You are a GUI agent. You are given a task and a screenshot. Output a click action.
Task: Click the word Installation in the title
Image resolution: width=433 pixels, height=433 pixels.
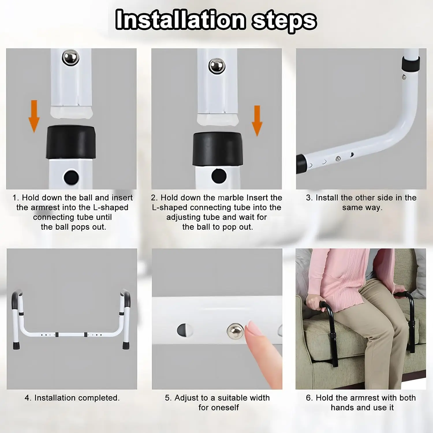[180, 20]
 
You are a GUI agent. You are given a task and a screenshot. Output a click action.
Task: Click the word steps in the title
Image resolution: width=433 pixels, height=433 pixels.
[285, 21]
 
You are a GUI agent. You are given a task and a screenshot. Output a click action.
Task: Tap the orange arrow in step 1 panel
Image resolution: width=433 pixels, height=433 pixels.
[34, 116]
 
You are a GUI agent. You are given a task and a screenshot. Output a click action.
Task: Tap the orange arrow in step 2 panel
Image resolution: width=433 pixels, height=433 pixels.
[257, 121]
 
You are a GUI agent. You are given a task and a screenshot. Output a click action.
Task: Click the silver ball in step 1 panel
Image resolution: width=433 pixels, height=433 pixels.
[71, 57]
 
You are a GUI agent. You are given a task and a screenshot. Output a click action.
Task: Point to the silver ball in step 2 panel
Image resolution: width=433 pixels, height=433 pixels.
[217, 66]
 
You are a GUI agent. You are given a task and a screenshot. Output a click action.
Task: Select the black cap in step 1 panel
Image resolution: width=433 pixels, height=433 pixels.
[71, 142]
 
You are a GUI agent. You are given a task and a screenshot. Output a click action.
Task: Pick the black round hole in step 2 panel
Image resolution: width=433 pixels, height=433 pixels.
[219, 176]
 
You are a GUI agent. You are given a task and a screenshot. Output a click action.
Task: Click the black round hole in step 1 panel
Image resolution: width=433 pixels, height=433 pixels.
[71, 177]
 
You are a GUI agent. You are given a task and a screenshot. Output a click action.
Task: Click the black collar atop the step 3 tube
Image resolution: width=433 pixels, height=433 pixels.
[410, 64]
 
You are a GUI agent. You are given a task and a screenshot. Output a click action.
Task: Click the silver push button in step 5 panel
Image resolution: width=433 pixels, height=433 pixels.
[235, 331]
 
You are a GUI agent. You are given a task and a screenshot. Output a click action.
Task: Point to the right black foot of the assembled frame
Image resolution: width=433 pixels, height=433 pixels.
[126, 345]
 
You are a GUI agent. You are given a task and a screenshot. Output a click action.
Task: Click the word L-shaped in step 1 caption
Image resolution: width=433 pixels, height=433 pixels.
[111, 208]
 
